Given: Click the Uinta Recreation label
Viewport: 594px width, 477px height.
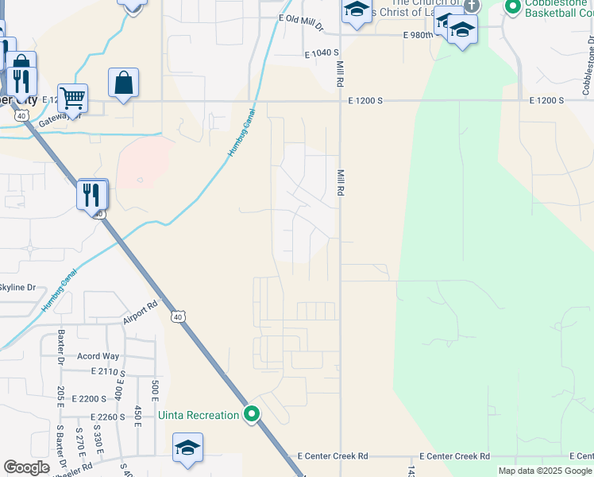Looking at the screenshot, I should pos(199,415).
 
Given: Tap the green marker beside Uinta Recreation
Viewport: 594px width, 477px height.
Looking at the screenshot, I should pos(252,414).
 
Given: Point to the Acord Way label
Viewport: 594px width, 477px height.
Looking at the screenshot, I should pos(98,356).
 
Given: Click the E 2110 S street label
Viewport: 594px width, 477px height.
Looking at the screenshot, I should pos(110,371).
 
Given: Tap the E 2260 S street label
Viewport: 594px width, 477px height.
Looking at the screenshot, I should pos(110,417).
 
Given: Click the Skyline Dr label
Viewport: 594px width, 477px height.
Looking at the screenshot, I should pos(17,287).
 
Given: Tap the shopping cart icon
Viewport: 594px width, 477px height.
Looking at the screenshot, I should pos(72,99).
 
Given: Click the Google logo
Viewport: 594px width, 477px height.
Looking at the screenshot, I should pos(26,467).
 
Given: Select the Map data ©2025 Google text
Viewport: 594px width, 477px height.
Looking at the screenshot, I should pos(545,471).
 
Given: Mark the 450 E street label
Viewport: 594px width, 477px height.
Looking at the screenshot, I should pos(137,416).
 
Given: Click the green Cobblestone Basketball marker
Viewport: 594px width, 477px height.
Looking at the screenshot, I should pos(512,7).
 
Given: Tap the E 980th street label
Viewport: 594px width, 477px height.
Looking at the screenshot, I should pos(418,36).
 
